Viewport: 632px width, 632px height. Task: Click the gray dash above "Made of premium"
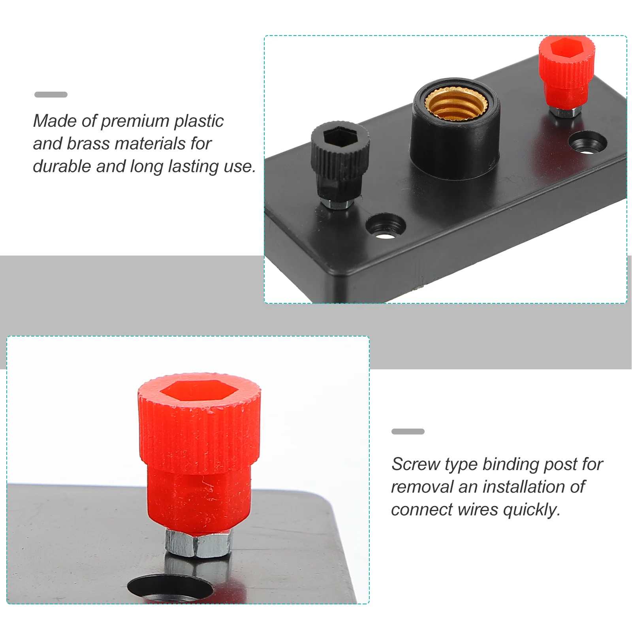pyautogui.click(x=51, y=94)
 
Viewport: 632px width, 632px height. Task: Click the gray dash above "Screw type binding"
pyautogui.click(x=408, y=431)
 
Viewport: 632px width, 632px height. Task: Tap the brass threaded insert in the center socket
pyautogui.click(x=456, y=103)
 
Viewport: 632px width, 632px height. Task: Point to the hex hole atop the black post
pyautogui.click(x=340, y=137)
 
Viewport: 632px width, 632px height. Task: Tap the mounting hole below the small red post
pyautogui.click(x=588, y=143)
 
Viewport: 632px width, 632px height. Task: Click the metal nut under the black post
pyautogui.click(x=337, y=203)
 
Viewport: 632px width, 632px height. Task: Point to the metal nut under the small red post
pyautogui.click(x=564, y=112)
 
